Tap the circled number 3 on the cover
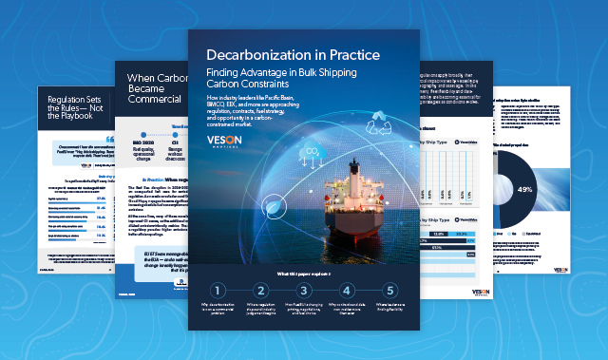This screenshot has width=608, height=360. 304,292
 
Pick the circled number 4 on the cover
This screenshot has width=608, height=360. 347,292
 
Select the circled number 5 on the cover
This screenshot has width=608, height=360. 389,292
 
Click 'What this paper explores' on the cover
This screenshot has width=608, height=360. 303,274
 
